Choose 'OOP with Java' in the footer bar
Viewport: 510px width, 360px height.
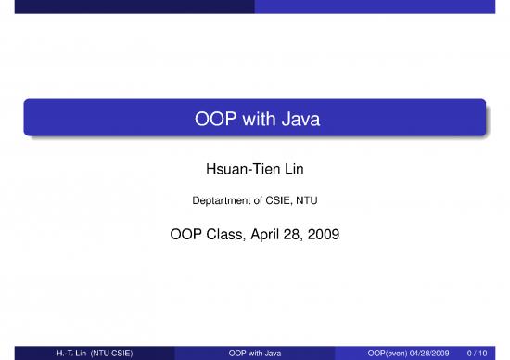pyautogui.click(x=254, y=353)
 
